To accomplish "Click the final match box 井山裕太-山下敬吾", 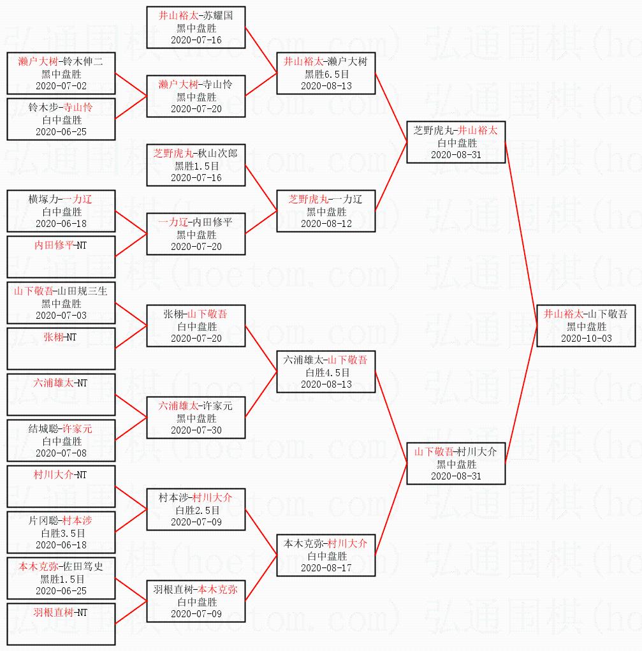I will pos(586,326).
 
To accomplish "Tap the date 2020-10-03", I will pos(586,338).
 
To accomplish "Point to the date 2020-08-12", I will pos(326,223).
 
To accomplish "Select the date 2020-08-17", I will pos(326,567).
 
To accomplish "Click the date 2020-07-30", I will pos(196,430).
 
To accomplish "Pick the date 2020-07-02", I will pos(61,85).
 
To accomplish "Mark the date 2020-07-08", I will pos(61,453).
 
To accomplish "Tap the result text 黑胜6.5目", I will pos(326,74).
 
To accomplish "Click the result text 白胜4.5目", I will pos(326,372).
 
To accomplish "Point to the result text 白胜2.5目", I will pos(196,510).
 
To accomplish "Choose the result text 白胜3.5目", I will pos(61,533).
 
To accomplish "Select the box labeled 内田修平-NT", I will pos(61,256).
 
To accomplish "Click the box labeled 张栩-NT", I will pos(61,348).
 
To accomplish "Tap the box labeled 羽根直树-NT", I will pos(61,624).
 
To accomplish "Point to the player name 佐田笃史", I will pos(82,566).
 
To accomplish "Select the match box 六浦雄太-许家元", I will pos(196,418).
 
